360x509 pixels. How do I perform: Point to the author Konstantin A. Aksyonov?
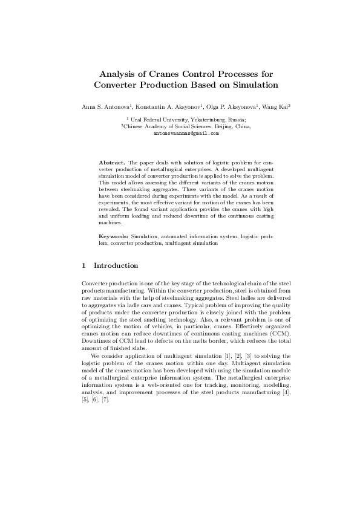click(174, 106)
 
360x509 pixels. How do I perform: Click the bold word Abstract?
click(111, 163)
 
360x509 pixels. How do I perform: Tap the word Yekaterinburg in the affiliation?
click(194, 120)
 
